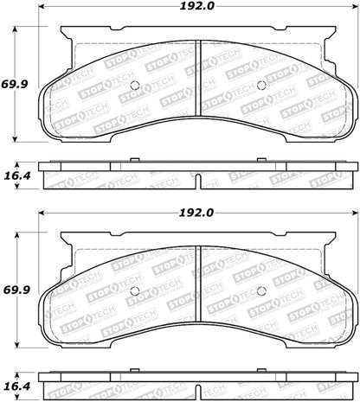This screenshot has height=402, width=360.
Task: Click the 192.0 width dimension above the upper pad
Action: point(198,8)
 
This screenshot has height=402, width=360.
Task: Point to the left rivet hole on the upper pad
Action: point(133,85)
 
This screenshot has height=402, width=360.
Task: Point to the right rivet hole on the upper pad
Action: point(262,85)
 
